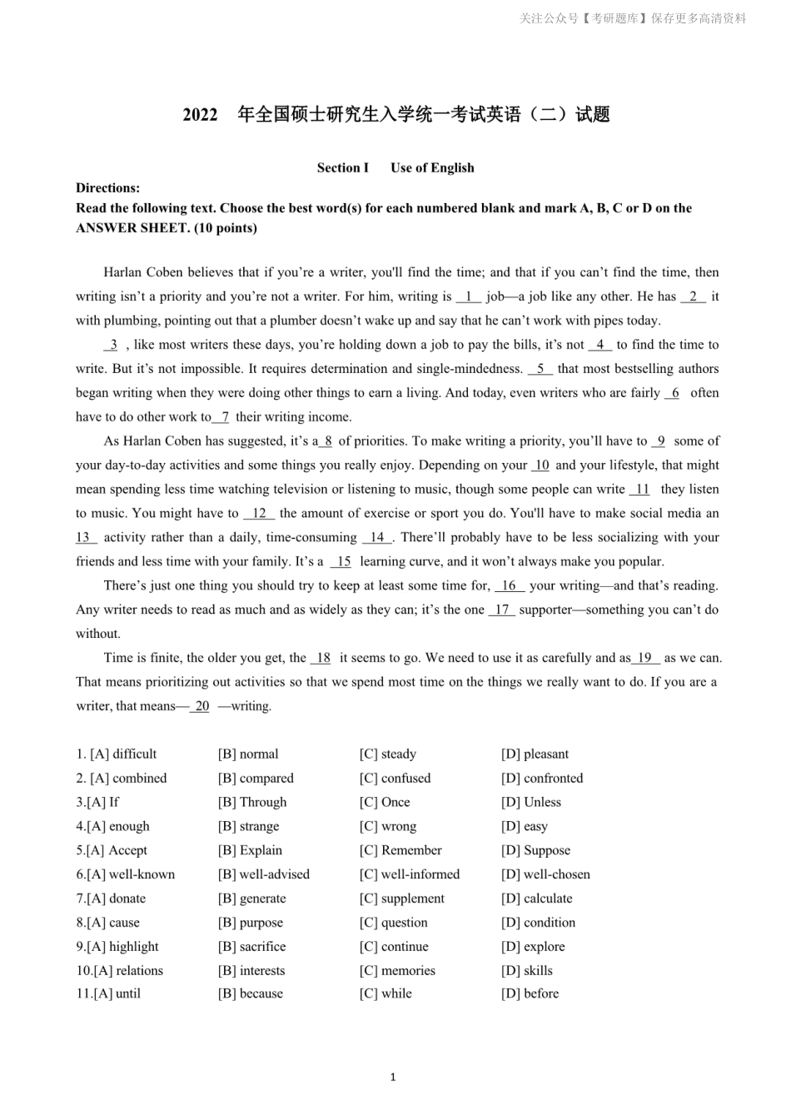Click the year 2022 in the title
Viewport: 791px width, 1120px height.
click(x=200, y=116)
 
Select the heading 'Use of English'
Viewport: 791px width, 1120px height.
click(x=432, y=167)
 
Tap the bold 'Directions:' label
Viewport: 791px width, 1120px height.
click(x=107, y=188)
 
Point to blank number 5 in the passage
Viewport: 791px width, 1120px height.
click(x=540, y=369)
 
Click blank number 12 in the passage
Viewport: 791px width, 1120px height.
click(x=259, y=514)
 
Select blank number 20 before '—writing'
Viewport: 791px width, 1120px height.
click(x=201, y=706)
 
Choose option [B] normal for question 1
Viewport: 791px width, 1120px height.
click(x=248, y=754)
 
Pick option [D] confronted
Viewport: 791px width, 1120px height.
click(x=542, y=779)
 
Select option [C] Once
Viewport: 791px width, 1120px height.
click(x=385, y=803)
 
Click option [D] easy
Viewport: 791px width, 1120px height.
click(x=525, y=827)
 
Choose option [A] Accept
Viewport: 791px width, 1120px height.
click(x=117, y=851)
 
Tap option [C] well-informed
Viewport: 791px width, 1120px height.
click(x=410, y=875)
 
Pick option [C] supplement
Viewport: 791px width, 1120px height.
click(x=402, y=899)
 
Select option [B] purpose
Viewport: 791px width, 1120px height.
click(x=251, y=923)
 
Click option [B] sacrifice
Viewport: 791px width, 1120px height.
click(x=251, y=948)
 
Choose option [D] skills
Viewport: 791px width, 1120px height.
click(x=527, y=971)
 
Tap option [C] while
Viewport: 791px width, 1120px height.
click(x=386, y=994)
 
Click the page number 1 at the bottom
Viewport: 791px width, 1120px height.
click(x=393, y=1078)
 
